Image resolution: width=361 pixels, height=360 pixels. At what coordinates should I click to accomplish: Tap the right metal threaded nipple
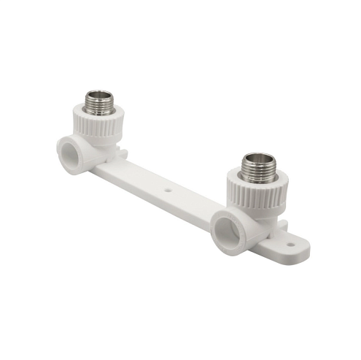pyautogui.click(x=257, y=168)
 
